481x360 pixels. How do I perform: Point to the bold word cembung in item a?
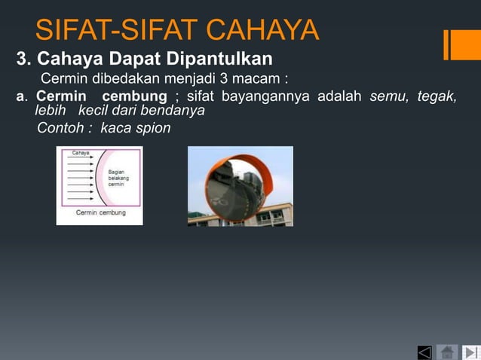[x=134, y=96]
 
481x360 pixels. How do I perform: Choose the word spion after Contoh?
[x=153, y=128]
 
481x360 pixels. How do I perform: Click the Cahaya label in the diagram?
[x=80, y=153]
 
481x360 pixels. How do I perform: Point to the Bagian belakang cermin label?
[x=117, y=178]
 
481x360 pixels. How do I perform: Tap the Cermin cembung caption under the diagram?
[x=100, y=213]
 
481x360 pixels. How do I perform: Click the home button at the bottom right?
[x=447, y=352]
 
